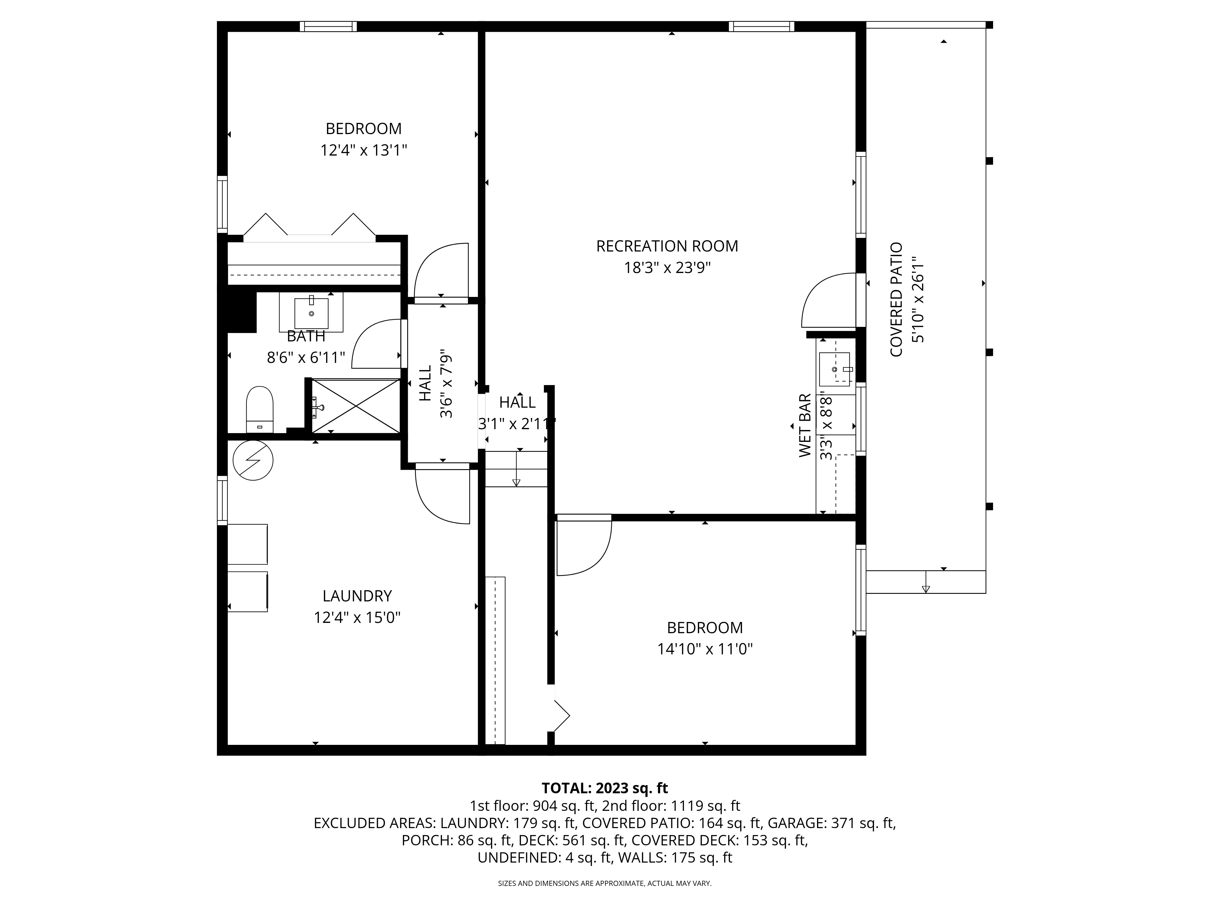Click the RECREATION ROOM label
[x=667, y=246]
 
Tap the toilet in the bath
[x=260, y=410]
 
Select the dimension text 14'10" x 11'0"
[x=705, y=649]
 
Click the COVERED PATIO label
[x=896, y=300]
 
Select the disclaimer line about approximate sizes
[x=604, y=883]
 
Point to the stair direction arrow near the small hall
[x=516, y=468]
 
